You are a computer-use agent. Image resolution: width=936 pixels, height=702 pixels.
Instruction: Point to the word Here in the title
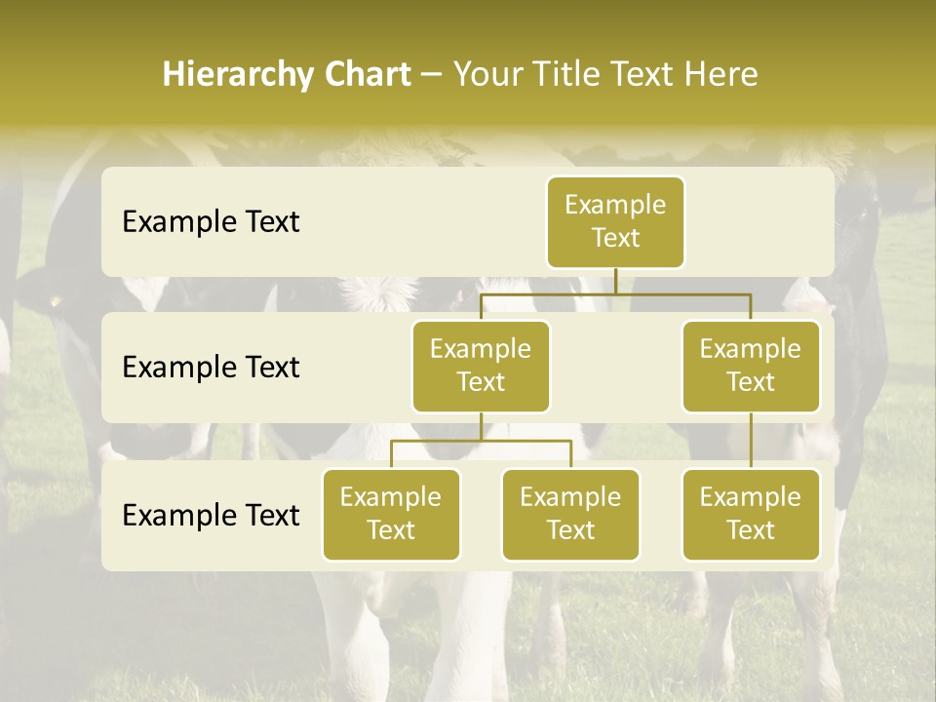click(721, 75)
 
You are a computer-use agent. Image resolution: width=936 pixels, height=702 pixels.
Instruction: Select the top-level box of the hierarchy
click(615, 221)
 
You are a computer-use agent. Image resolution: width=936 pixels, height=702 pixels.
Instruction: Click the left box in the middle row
click(481, 366)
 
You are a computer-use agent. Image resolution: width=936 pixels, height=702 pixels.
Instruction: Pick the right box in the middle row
click(751, 366)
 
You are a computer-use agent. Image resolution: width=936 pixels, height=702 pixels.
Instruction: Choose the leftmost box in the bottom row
click(391, 514)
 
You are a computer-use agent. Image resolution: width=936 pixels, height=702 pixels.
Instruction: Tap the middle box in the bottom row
click(570, 514)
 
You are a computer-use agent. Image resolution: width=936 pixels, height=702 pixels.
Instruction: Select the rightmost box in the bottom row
click(751, 514)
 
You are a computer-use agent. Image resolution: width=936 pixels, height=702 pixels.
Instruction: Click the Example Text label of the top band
click(211, 222)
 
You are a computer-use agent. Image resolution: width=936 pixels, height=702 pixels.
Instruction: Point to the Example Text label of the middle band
click(211, 368)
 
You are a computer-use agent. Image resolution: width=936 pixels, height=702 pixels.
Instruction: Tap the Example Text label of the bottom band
click(211, 515)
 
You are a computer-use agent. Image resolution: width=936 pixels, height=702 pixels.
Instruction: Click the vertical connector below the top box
click(615, 281)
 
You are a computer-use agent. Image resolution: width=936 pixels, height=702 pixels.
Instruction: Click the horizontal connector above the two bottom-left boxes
click(481, 441)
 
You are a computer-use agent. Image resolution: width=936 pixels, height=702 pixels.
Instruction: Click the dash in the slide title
click(432, 75)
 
